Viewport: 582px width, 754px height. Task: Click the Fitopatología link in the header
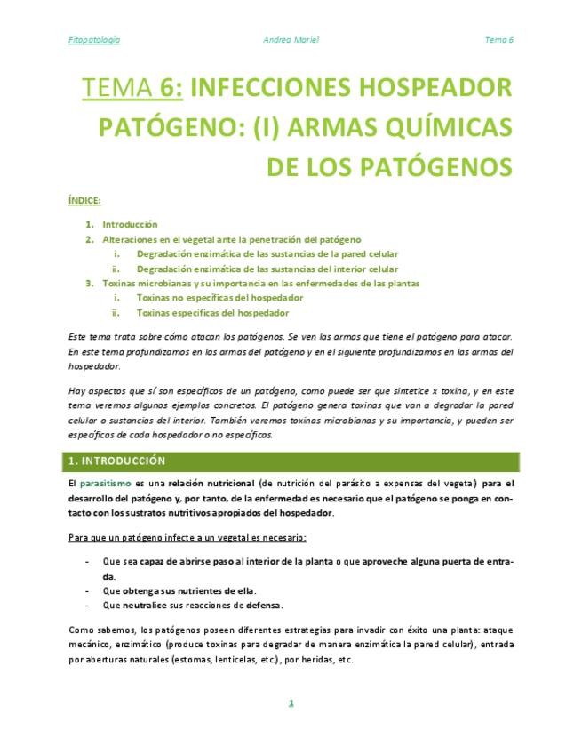(94, 40)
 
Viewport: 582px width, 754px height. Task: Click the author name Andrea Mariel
(291, 40)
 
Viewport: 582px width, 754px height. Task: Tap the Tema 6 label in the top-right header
(498, 40)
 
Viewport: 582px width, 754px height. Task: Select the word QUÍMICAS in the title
(441, 127)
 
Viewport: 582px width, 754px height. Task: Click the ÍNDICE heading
(84, 200)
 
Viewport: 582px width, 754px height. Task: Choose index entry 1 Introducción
(129, 225)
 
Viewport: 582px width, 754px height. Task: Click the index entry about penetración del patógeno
(231, 239)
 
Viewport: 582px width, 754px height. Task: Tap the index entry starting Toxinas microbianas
(260, 283)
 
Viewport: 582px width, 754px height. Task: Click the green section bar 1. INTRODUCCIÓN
(291, 461)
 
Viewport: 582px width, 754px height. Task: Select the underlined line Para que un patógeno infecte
(187, 539)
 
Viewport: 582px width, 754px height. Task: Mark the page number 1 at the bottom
(291, 703)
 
